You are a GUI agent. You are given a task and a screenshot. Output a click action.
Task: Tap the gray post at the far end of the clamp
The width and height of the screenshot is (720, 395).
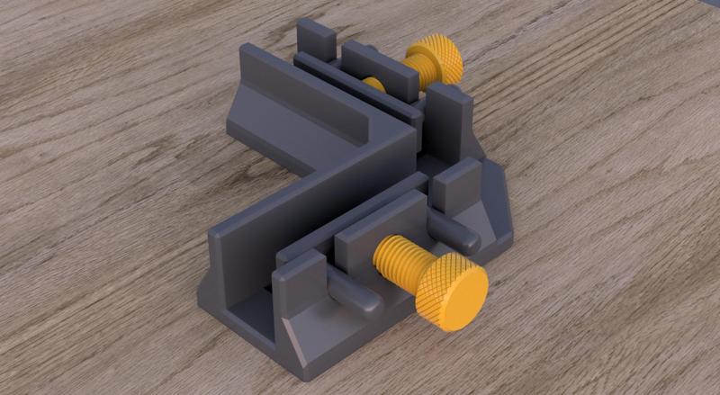coord(316,40)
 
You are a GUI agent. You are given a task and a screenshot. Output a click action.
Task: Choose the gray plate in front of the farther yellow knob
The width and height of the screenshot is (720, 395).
coord(382,67)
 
